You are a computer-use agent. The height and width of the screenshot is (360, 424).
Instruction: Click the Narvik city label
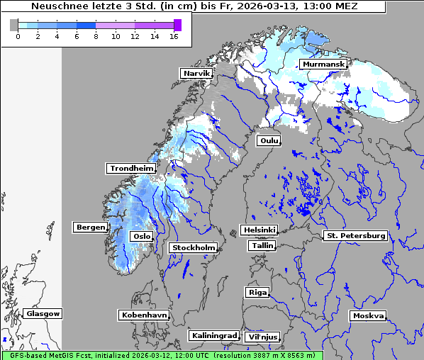click(196, 74)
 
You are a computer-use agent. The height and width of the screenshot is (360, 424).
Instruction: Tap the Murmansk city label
click(323, 64)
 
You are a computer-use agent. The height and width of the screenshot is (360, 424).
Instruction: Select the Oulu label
click(269, 141)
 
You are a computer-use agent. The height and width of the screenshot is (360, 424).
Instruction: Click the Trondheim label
click(131, 169)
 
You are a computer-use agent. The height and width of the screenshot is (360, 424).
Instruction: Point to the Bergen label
click(89, 227)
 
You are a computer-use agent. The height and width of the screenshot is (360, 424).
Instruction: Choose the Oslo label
click(142, 237)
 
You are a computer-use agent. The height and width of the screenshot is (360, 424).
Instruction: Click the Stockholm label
click(193, 248)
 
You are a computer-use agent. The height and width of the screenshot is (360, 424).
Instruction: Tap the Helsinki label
click(259, 230)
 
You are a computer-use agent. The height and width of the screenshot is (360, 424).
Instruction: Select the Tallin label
click(262, 246)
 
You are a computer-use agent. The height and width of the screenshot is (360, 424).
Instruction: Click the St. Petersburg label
click(355, 235)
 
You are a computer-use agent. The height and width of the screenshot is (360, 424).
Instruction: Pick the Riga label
click(257, 292)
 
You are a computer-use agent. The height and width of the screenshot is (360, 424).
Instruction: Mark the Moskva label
click(368, 316)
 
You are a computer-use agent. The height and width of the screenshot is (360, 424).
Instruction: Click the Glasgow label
click(43, 313)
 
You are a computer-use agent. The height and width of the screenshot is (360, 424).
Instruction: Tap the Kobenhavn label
click(144, 315)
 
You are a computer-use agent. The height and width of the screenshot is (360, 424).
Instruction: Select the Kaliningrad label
click(213, 335)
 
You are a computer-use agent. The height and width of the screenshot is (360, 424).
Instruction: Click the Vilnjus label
click(262, 337)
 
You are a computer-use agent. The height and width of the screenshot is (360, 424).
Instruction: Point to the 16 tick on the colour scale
click(173, 36)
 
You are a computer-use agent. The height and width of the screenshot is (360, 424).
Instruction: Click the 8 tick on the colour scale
click(96, 36)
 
